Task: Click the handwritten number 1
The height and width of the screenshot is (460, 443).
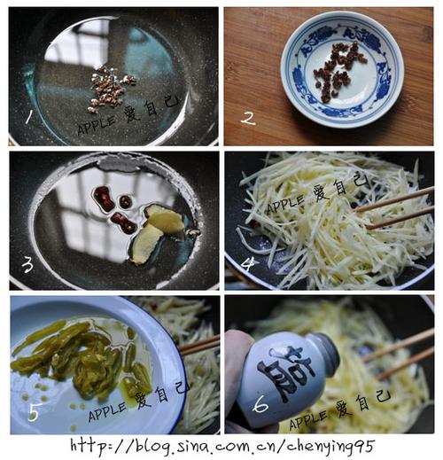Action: point(29,117)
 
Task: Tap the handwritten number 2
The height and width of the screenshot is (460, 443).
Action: point(248,119)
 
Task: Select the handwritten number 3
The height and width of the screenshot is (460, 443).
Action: point(27,264)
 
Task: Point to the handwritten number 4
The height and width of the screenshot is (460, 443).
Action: point(247,264)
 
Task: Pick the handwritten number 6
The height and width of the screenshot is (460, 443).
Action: point(260,404)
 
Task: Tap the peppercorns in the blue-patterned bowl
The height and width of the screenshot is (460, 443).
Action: point(338,71)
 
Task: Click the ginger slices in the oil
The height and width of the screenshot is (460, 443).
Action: point(155,232)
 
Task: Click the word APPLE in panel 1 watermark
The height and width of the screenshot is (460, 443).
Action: point(96,124)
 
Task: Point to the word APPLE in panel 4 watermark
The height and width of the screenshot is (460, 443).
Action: point(286,204)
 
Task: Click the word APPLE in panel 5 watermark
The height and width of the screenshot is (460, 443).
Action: point(107,411)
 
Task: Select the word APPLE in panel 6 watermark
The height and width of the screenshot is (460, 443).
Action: point(308,419)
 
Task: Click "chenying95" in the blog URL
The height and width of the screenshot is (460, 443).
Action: point(330,447)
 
